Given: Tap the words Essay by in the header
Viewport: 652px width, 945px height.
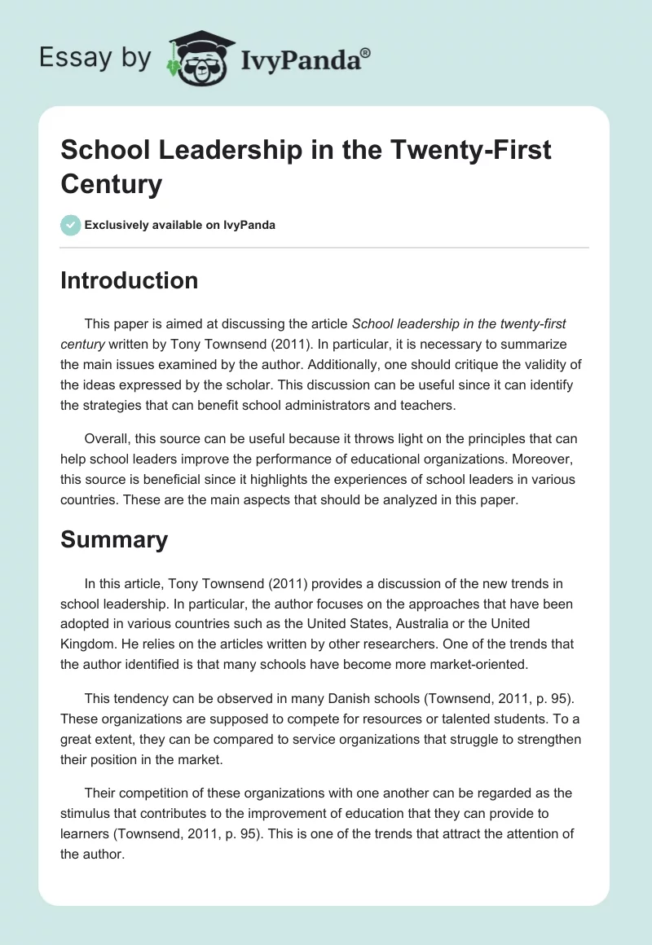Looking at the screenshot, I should (95, 57).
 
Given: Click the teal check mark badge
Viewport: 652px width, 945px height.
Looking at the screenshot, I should (71, 225).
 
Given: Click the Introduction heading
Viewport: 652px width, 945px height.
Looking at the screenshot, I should (129, 280).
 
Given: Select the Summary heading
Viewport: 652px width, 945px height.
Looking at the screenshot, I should (114, 539).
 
